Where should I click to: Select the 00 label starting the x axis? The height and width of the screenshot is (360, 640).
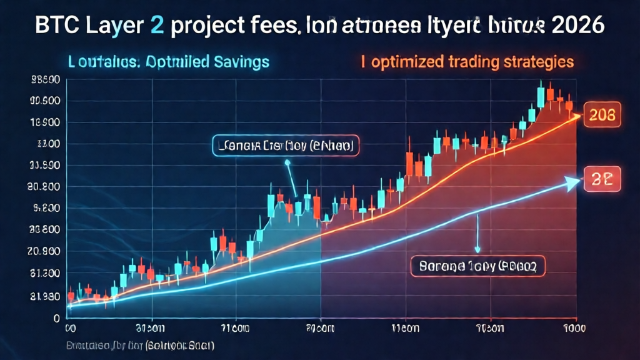click(71, 327)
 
